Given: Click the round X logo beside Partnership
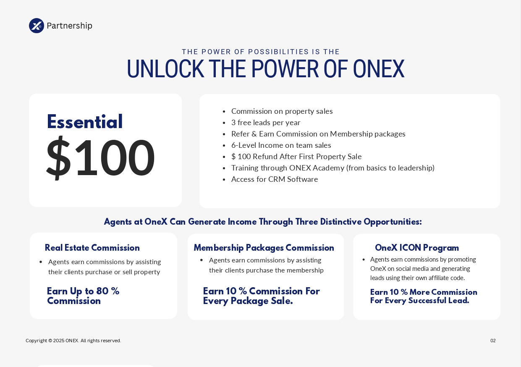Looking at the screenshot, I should coord(37,26).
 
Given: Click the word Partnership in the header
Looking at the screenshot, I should coord(69,26).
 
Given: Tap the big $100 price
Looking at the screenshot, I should coord(100,158).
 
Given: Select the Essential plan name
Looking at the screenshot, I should coord(85,122).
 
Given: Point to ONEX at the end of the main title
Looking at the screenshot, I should coord(378,69).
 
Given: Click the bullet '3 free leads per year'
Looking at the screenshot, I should coord(266,123).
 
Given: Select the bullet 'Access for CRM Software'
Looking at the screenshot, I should coord(275,179).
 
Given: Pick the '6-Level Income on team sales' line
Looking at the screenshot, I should coord(281,145).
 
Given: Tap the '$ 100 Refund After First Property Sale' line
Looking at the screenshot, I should coord(296,157).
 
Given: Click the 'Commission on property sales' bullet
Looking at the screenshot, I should coord(282,111).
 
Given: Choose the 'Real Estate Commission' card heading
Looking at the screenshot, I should coord(92,248).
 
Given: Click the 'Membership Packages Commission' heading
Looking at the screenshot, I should coord(264,248).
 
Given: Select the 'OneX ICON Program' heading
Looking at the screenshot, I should coord(417,248).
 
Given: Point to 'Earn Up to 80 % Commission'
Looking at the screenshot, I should coord(83,296).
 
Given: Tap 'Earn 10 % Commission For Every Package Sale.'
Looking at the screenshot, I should coord(261,296).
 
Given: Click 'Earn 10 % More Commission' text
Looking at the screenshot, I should coord(424,292).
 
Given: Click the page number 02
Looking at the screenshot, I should coord(493,341).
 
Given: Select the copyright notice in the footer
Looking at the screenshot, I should coord(73,341).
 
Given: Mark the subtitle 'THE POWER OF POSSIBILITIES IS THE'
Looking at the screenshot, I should coord(261,52).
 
